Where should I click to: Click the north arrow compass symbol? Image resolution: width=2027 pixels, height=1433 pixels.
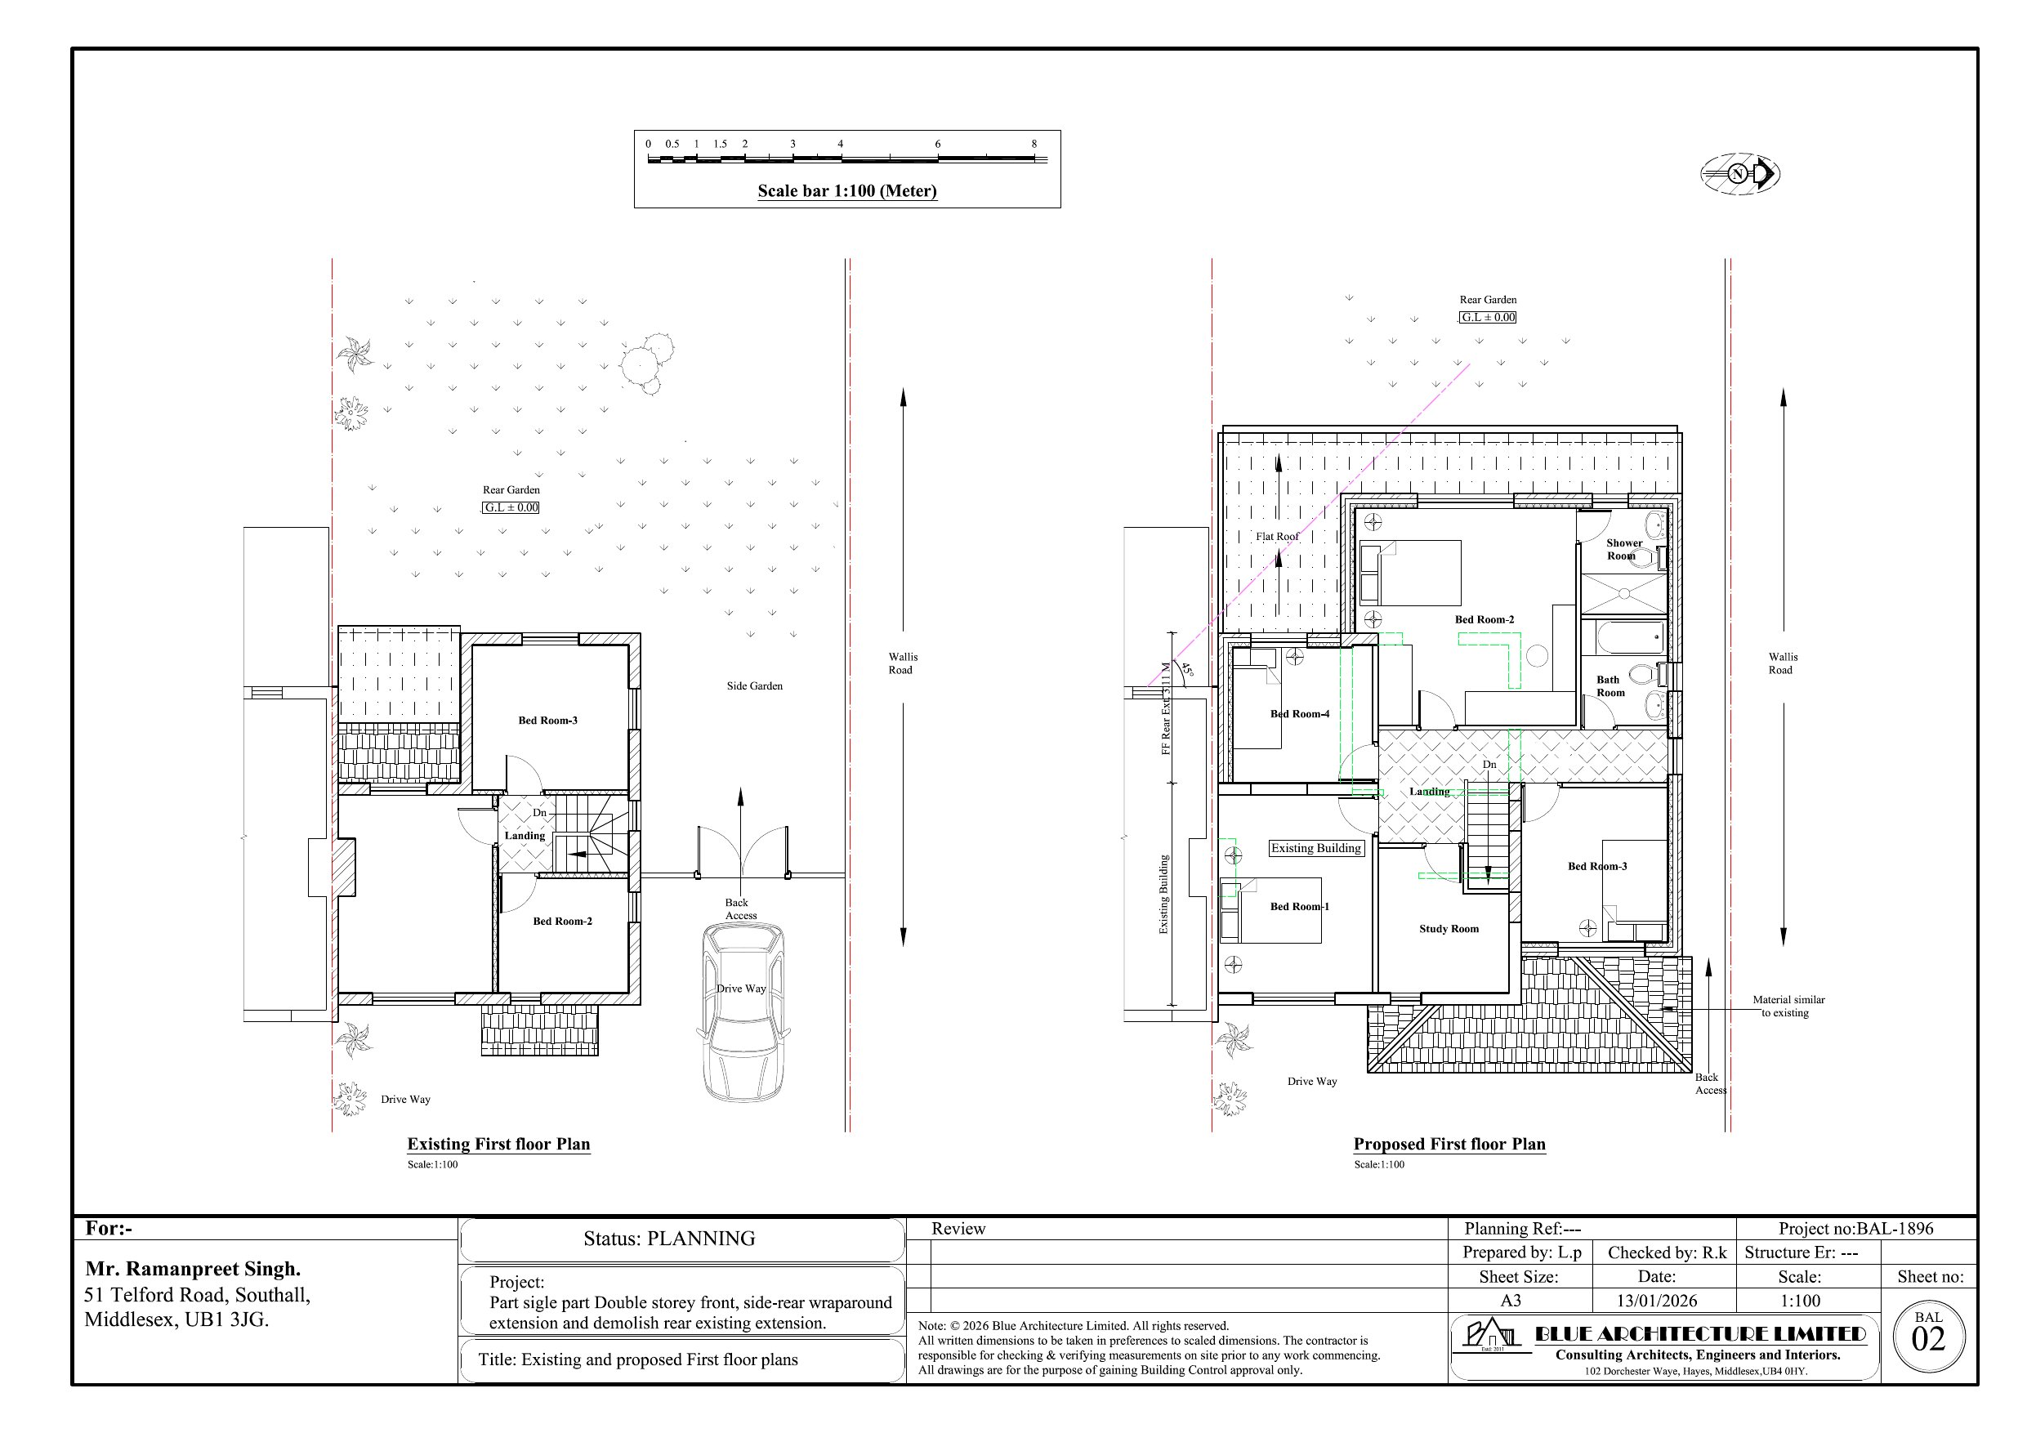pos(1739,174)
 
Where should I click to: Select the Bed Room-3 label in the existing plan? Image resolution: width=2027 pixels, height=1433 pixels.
pos(547,721)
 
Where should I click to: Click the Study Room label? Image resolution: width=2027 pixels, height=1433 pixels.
pos(1449,929)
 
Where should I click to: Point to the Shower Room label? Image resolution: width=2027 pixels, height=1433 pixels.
pos(1623,549)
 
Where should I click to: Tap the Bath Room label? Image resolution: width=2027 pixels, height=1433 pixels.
pos(1610,686)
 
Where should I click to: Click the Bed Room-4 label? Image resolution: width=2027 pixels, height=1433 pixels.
pos(1300,713)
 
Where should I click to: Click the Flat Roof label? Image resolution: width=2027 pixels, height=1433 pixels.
pos(1278,537)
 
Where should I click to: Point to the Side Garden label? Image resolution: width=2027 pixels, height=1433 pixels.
pos(755,686)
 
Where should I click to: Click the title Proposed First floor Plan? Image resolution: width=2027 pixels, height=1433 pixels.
pos(1449,1145)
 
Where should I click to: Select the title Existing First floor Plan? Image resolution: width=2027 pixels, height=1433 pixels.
pos(499,1145)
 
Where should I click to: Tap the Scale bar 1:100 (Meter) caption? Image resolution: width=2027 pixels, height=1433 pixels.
pos(847,190)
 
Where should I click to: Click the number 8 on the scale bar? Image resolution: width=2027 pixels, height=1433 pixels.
pos(1034,144)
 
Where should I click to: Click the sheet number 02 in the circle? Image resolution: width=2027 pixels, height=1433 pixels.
pos(1928,1341)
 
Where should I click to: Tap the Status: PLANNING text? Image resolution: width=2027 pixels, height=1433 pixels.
pos(669,1239)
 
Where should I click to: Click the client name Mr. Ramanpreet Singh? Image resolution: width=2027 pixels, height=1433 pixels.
pos(194,1270)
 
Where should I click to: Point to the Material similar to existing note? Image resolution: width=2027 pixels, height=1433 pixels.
pos(1788,1007)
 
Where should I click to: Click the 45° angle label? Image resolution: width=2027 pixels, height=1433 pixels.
pos(1187,670)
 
